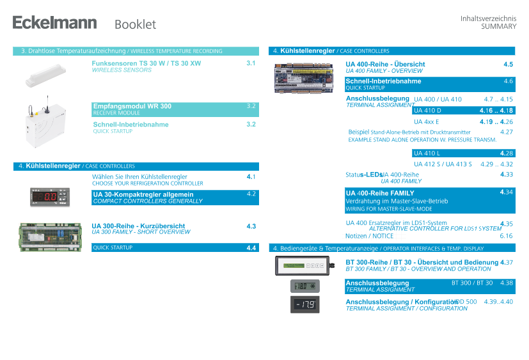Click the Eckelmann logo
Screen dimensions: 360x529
(54, 23)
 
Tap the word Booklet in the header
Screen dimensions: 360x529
(135, 24)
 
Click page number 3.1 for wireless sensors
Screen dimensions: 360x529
(251, 63)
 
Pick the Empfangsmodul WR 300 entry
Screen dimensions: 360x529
(132, 106)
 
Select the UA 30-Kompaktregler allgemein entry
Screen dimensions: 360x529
(143, 194)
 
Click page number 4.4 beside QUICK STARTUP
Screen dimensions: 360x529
(251, 248)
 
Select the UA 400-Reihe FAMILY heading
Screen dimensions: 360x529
(380, 193)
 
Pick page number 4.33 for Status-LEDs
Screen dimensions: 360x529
(507, 175)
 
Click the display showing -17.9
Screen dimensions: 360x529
(305, 304)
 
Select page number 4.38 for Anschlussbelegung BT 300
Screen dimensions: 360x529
(507, 283)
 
